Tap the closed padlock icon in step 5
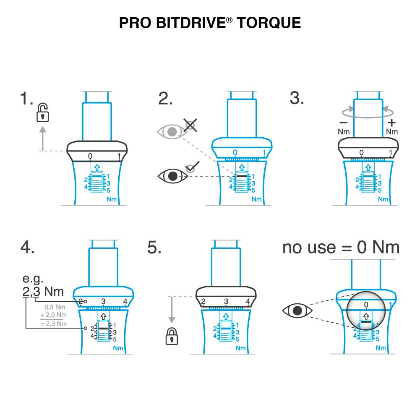171,336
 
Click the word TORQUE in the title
269,23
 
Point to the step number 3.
297,99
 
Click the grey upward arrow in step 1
42,138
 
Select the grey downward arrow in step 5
171,310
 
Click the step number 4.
27,248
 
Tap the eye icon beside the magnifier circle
297,310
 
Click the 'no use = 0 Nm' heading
341,248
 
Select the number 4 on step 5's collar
248,302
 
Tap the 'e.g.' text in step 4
33,279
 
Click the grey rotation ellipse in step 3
368,111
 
